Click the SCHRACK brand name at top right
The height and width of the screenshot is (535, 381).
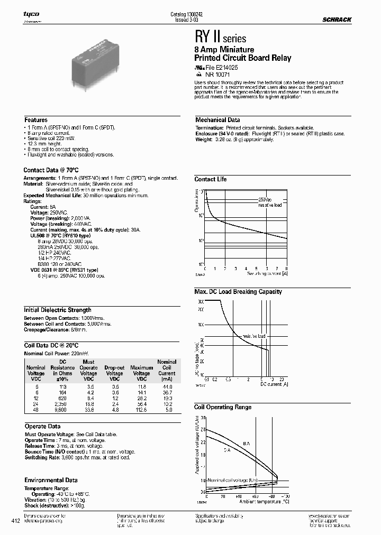point(337,20)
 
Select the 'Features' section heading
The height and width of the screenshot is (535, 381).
point(36,120)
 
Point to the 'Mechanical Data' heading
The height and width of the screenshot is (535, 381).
point(217,120)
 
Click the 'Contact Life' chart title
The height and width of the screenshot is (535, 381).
point(210,179)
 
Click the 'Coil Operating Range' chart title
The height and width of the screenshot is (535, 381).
point(223,407)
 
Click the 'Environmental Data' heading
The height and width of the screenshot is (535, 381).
point(51,480)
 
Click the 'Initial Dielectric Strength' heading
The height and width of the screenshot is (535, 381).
point(58,310)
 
